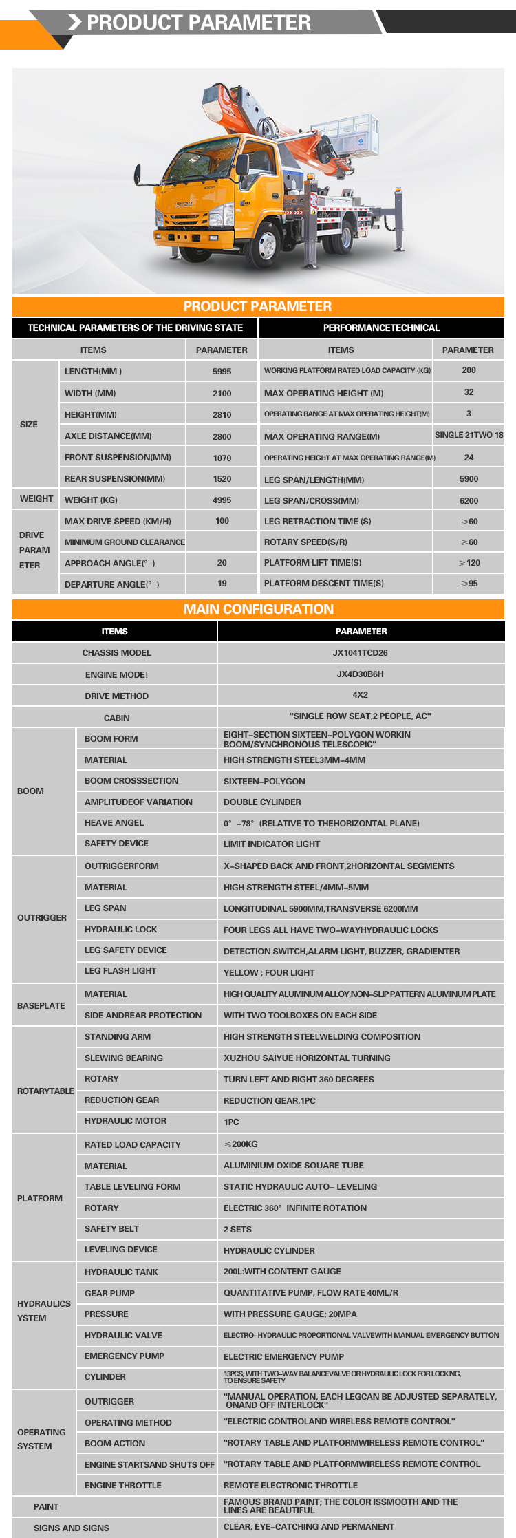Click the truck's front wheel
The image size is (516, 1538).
click(x=265, y=243)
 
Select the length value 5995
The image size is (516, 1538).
click(x=222, y=371)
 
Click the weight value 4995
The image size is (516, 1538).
click(x=222, y=500)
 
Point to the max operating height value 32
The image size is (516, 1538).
click(x=469, y=392)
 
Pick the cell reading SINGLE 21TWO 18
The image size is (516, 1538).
click(x=469, y=435)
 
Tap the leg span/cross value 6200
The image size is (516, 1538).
click(x=469, y=500)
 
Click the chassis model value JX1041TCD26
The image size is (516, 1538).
click(x=361, y=652)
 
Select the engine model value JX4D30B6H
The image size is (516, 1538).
click(x=361, y=674)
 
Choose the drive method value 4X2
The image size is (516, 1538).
click(x=361, y=695)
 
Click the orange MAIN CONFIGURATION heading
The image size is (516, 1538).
click(x=258, y=609)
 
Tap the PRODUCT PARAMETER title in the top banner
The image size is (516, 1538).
click(x=199, y=23)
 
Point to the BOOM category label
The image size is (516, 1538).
click(x=31, y=791)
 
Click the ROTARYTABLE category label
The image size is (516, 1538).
click(x=45, y=1091)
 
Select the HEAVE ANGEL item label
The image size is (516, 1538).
click(x=114, y=823)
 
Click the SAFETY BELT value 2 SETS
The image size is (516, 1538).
click(x=237, y=1230)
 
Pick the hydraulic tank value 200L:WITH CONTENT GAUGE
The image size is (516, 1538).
click(x=282, y=1272)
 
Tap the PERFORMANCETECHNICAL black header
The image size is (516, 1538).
click(x=381, y=328)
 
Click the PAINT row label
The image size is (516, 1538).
click(x=46, y=1506)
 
